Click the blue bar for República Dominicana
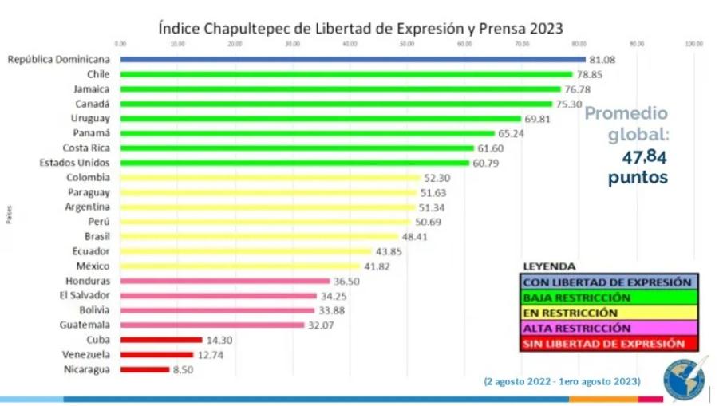351,59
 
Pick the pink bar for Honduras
224,281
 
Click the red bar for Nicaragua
144,369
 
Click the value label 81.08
604,59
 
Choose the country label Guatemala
85,325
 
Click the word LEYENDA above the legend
549,266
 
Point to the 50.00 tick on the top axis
407,44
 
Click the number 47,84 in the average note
645,157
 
